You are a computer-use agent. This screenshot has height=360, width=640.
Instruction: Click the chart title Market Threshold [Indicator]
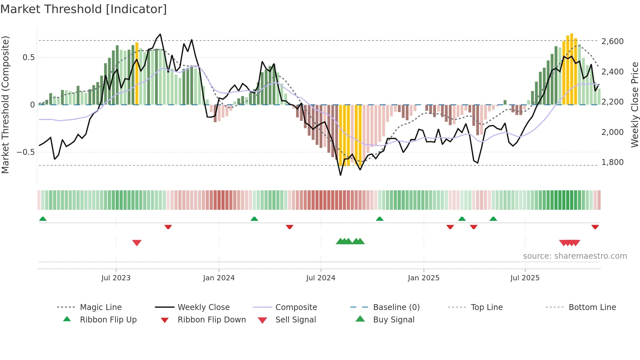click(84, 9)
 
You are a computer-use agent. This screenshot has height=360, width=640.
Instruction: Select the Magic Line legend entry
click(101, 307)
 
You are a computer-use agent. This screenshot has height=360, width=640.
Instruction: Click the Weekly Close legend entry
click(203, 307)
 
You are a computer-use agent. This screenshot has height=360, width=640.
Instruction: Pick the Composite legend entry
click(296, 307)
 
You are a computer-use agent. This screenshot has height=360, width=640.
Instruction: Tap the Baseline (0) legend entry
click(396, 307)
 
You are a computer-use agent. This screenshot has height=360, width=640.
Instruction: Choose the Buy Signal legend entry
click(393, 320)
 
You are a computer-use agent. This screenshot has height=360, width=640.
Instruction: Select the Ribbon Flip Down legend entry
click(211, 320)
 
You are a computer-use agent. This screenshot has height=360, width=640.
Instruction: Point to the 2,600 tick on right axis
click(612, 41)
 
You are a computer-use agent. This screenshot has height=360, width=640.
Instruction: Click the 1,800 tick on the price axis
click(612, 162)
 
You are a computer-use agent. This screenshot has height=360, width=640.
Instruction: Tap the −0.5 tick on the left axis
click(25, 152)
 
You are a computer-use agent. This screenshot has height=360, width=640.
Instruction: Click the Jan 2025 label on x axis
click(424, 278)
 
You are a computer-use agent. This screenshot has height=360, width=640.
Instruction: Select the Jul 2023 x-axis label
click(116, 278)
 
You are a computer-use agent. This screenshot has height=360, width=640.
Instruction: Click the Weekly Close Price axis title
click(634, 105)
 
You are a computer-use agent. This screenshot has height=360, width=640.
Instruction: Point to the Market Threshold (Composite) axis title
click(5, 105)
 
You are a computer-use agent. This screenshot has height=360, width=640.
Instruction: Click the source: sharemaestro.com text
click(575, 256)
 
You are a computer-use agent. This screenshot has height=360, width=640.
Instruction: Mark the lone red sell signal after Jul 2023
click(137, 243)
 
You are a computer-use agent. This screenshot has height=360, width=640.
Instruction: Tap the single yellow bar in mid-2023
click(137, 74)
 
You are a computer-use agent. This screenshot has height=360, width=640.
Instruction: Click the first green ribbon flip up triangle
click(43, 219)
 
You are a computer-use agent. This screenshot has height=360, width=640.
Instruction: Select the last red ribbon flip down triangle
click(595, 227)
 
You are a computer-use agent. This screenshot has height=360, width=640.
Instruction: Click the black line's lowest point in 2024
click(341, 175)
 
